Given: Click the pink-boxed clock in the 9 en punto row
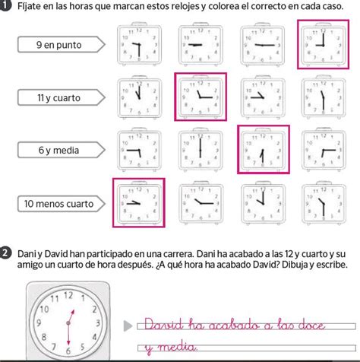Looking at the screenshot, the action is [x=323, y=44].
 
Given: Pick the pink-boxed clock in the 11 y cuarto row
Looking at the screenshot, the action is [x=201, y=97].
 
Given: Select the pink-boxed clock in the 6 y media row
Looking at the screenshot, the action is [x=264, y=150].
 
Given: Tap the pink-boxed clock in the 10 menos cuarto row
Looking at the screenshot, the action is [x=139, y=202].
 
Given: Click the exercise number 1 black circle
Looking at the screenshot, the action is [x=6, y=6].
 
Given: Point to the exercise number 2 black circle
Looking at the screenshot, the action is [x=6, y=254].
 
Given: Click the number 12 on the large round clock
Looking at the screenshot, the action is [x=68, y=296].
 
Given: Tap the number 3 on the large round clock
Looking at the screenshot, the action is [x=98, y=322].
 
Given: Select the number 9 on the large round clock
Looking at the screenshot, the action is [x=39, y=322].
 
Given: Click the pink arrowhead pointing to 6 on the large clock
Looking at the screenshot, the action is [x=68, y=342].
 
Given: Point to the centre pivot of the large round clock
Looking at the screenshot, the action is [x=68, y=323].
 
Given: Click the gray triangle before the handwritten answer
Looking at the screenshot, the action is [x=128, y=326].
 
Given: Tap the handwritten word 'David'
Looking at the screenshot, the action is [x=163, y=325].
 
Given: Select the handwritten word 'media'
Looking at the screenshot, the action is [x=177, y=347].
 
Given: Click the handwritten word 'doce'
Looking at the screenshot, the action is [x=312, y=325].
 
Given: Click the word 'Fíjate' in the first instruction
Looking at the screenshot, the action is [x=30, y=6].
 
